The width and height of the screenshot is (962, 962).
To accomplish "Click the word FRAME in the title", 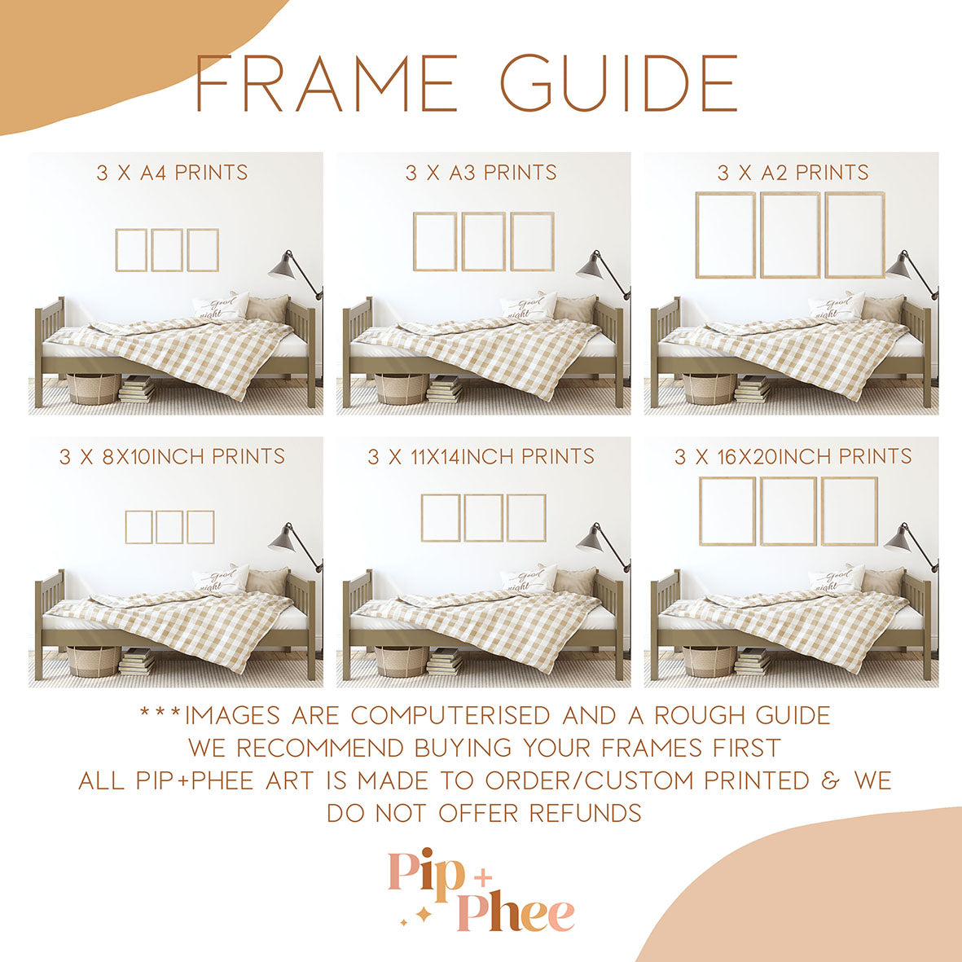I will [x=326, y=83].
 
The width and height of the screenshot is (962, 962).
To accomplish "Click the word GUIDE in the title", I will [x=618, y=83].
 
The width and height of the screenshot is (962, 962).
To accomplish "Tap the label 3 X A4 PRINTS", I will [x=172, y=173].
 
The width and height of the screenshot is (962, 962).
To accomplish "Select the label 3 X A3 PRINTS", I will [x=481, y=173].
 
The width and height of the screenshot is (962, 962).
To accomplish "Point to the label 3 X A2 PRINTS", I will [x=793, y=173].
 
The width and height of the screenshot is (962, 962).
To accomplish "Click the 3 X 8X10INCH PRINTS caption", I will [x=172, y=456].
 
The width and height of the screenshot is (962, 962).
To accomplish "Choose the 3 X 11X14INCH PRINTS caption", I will [x=481, y=456].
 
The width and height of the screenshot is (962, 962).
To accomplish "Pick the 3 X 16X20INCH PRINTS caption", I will [x=793, y=456].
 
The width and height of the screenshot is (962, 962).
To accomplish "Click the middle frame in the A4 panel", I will [x=167, y=250].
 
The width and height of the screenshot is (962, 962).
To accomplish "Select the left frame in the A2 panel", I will [x=726, y=235].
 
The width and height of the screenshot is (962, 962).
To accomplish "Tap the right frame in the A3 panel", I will [x=533, y=241].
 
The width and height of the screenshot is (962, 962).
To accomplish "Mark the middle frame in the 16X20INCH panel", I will [x=788, y=511].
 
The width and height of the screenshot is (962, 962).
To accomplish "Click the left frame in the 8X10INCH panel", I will [x=139, y=527].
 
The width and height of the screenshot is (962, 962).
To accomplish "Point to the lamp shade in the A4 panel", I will [x=282, y=264].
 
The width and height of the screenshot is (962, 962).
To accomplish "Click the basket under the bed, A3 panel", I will [x=402, y=389].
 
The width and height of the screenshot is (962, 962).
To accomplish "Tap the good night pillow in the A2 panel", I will [x=837, y=307].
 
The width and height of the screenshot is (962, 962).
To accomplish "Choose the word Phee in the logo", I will [x=515, y=913].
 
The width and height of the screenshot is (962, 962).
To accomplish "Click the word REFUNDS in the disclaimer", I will [x=585, y=813].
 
